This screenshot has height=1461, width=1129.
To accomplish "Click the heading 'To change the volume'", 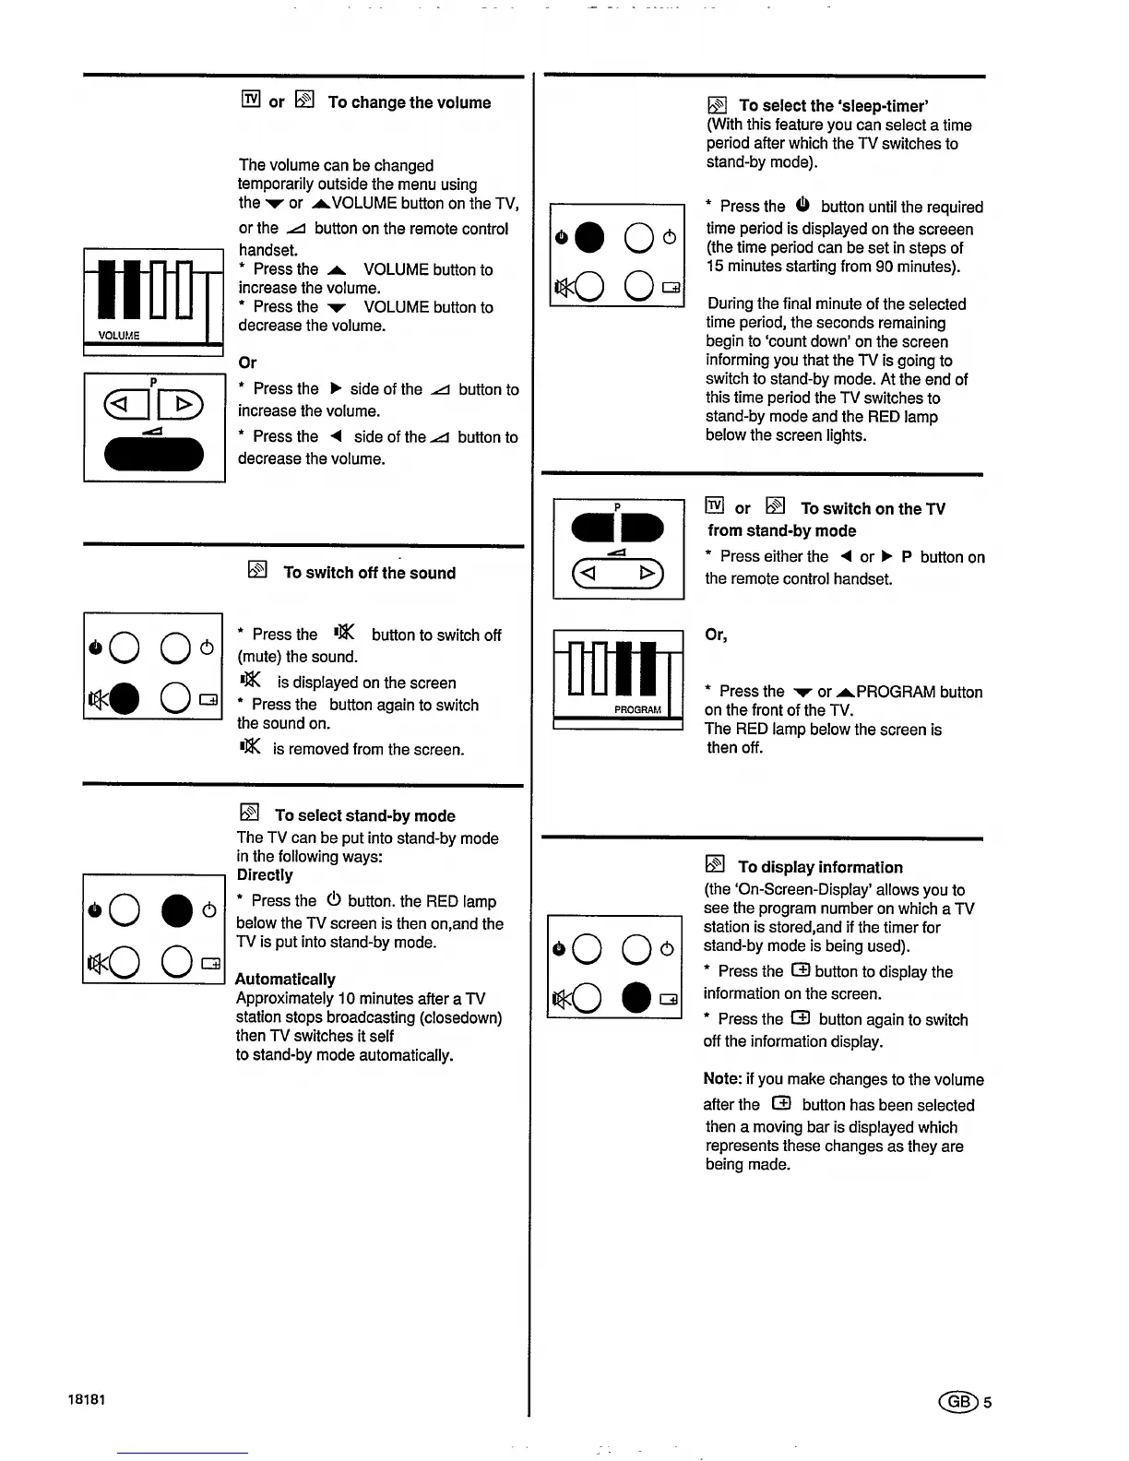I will pos(409,102).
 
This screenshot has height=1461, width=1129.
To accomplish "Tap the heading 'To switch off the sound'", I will pos(369,573).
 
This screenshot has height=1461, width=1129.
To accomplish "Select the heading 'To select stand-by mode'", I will pos(364,815).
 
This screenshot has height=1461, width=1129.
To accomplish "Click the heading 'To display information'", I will pos(820,867).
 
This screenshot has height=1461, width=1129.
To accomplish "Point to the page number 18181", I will pos(87,1399).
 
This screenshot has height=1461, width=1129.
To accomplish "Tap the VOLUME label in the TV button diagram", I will pos(119,336).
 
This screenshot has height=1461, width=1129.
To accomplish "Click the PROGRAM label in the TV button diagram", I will pos(637,709).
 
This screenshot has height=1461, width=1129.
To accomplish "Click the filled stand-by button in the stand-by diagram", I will pos(177,911).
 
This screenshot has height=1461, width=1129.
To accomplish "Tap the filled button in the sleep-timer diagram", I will pos(589,238).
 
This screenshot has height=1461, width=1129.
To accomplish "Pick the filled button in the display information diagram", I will pos(637,998).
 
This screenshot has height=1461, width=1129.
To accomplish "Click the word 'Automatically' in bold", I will pos(285,979).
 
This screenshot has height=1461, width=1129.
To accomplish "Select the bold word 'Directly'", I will pos(265,875).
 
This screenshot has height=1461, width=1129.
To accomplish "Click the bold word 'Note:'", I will pos(722,1079).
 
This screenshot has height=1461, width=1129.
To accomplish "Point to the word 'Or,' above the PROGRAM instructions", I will pos(716,635).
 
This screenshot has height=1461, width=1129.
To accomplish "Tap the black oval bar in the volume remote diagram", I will pos(154,454).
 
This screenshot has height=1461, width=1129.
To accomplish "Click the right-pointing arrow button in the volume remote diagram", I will pos(183,404).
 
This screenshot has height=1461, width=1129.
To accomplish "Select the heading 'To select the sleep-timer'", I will pos(833,106).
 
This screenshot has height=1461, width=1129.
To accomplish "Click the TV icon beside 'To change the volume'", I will pos(250,100).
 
